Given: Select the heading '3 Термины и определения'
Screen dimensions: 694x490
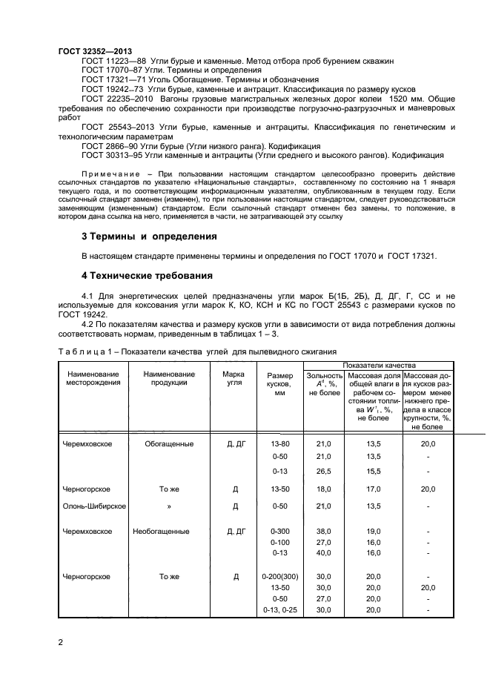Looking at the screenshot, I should [148, 237].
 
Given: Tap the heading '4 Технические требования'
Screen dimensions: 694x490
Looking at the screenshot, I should [147, 275].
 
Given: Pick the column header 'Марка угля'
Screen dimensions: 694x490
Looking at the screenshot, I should [234, 379].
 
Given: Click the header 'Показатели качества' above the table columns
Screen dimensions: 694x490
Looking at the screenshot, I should [378, 365].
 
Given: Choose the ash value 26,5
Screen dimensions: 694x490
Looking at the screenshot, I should [323, 471].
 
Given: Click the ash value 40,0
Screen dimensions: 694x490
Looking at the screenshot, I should [323, 552].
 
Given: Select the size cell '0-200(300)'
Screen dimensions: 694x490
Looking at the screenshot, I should [279, 576].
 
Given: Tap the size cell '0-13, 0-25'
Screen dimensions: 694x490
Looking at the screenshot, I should [279, 609].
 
